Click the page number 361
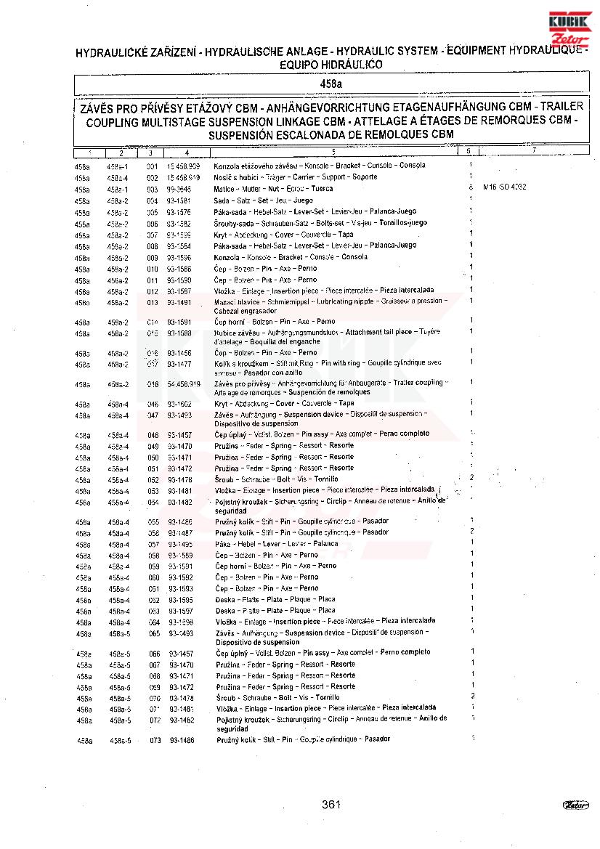[x=331, y=804]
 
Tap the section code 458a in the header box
[x=331, y=85]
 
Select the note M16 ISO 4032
[x=504, y=187]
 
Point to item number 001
[x=152, y=166]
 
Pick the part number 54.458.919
[x=184, y=383]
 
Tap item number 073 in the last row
[x=155, y=740]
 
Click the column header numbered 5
[x=333, y=152]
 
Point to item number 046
[x=153, y=403]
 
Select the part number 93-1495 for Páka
[x=181, y=544]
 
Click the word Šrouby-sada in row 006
[x=232, y=223]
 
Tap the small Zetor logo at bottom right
[x=575, y=804]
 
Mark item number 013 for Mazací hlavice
[x=153, y=303]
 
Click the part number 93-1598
[x=181, y=622]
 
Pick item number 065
[x=154, y=634]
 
